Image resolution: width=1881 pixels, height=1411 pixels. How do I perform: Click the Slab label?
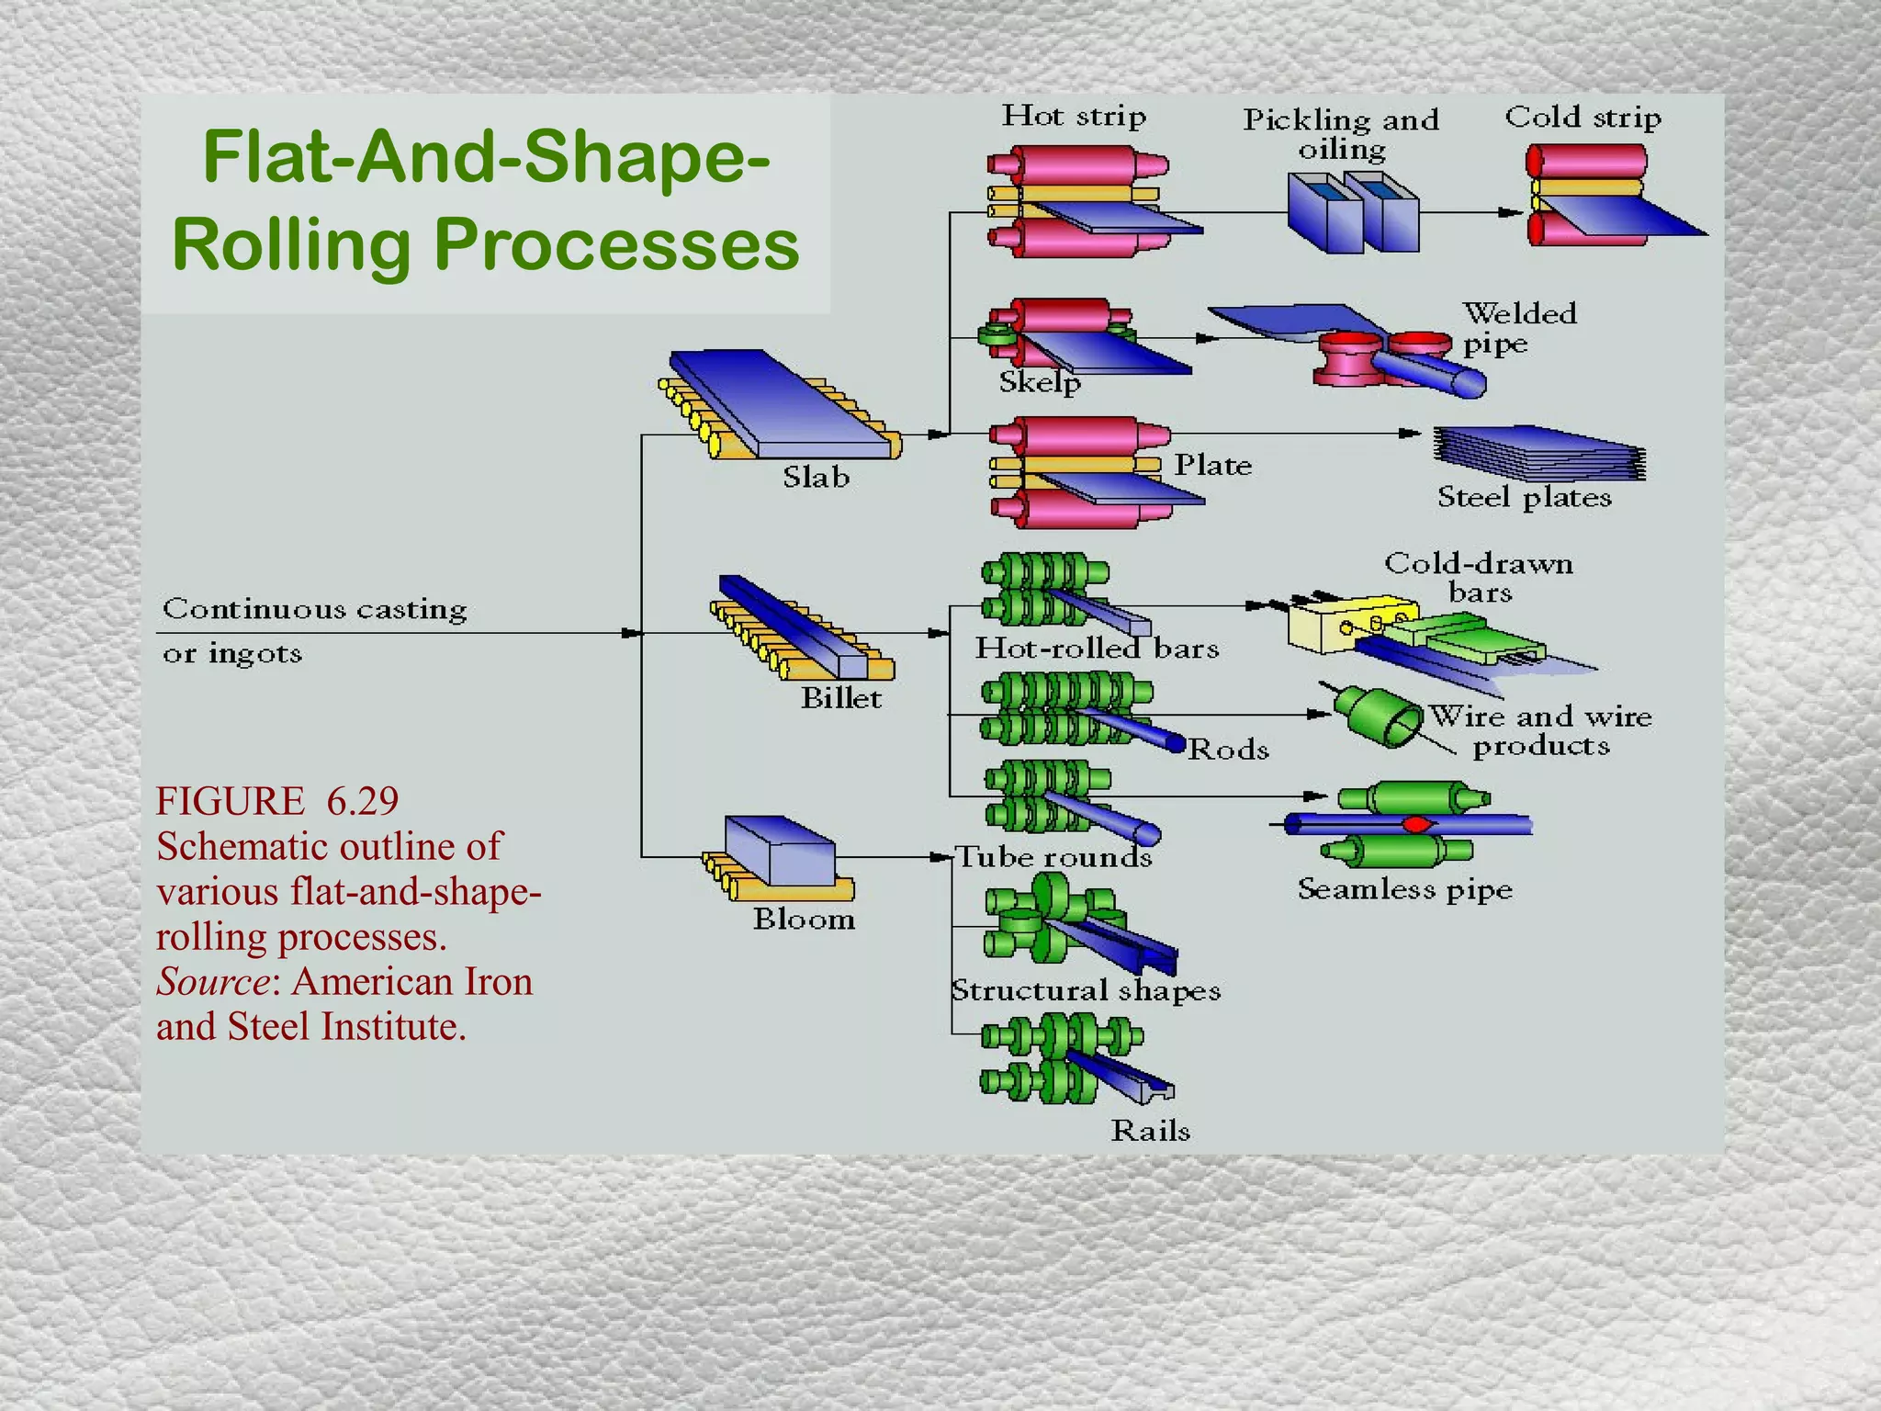(816, 478)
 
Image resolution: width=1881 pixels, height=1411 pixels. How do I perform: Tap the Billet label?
(840, 699)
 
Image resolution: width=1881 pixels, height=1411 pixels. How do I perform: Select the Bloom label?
(804, 920)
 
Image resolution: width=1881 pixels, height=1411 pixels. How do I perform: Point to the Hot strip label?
(1073, 117)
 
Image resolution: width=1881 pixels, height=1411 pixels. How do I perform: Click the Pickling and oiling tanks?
(1352, 212)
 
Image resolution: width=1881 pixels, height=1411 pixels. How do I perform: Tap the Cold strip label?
(1582, 118)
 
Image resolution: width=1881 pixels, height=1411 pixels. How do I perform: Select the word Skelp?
(1039, 382)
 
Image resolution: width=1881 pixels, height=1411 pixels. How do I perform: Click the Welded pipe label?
(1518, 328)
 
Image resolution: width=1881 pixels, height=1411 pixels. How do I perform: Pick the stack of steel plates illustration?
(1539, 454)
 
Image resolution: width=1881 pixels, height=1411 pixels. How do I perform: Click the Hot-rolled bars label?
(1097, 649)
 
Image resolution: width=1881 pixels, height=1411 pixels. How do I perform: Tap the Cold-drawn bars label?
(1478, 577)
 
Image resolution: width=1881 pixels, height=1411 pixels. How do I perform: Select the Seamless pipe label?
(1403, 889)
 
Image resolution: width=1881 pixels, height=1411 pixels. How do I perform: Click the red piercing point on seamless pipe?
(1415, 824)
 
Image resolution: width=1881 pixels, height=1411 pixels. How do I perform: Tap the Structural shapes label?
(1086, 991)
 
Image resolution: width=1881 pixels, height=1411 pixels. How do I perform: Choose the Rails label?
(1150, 1131)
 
